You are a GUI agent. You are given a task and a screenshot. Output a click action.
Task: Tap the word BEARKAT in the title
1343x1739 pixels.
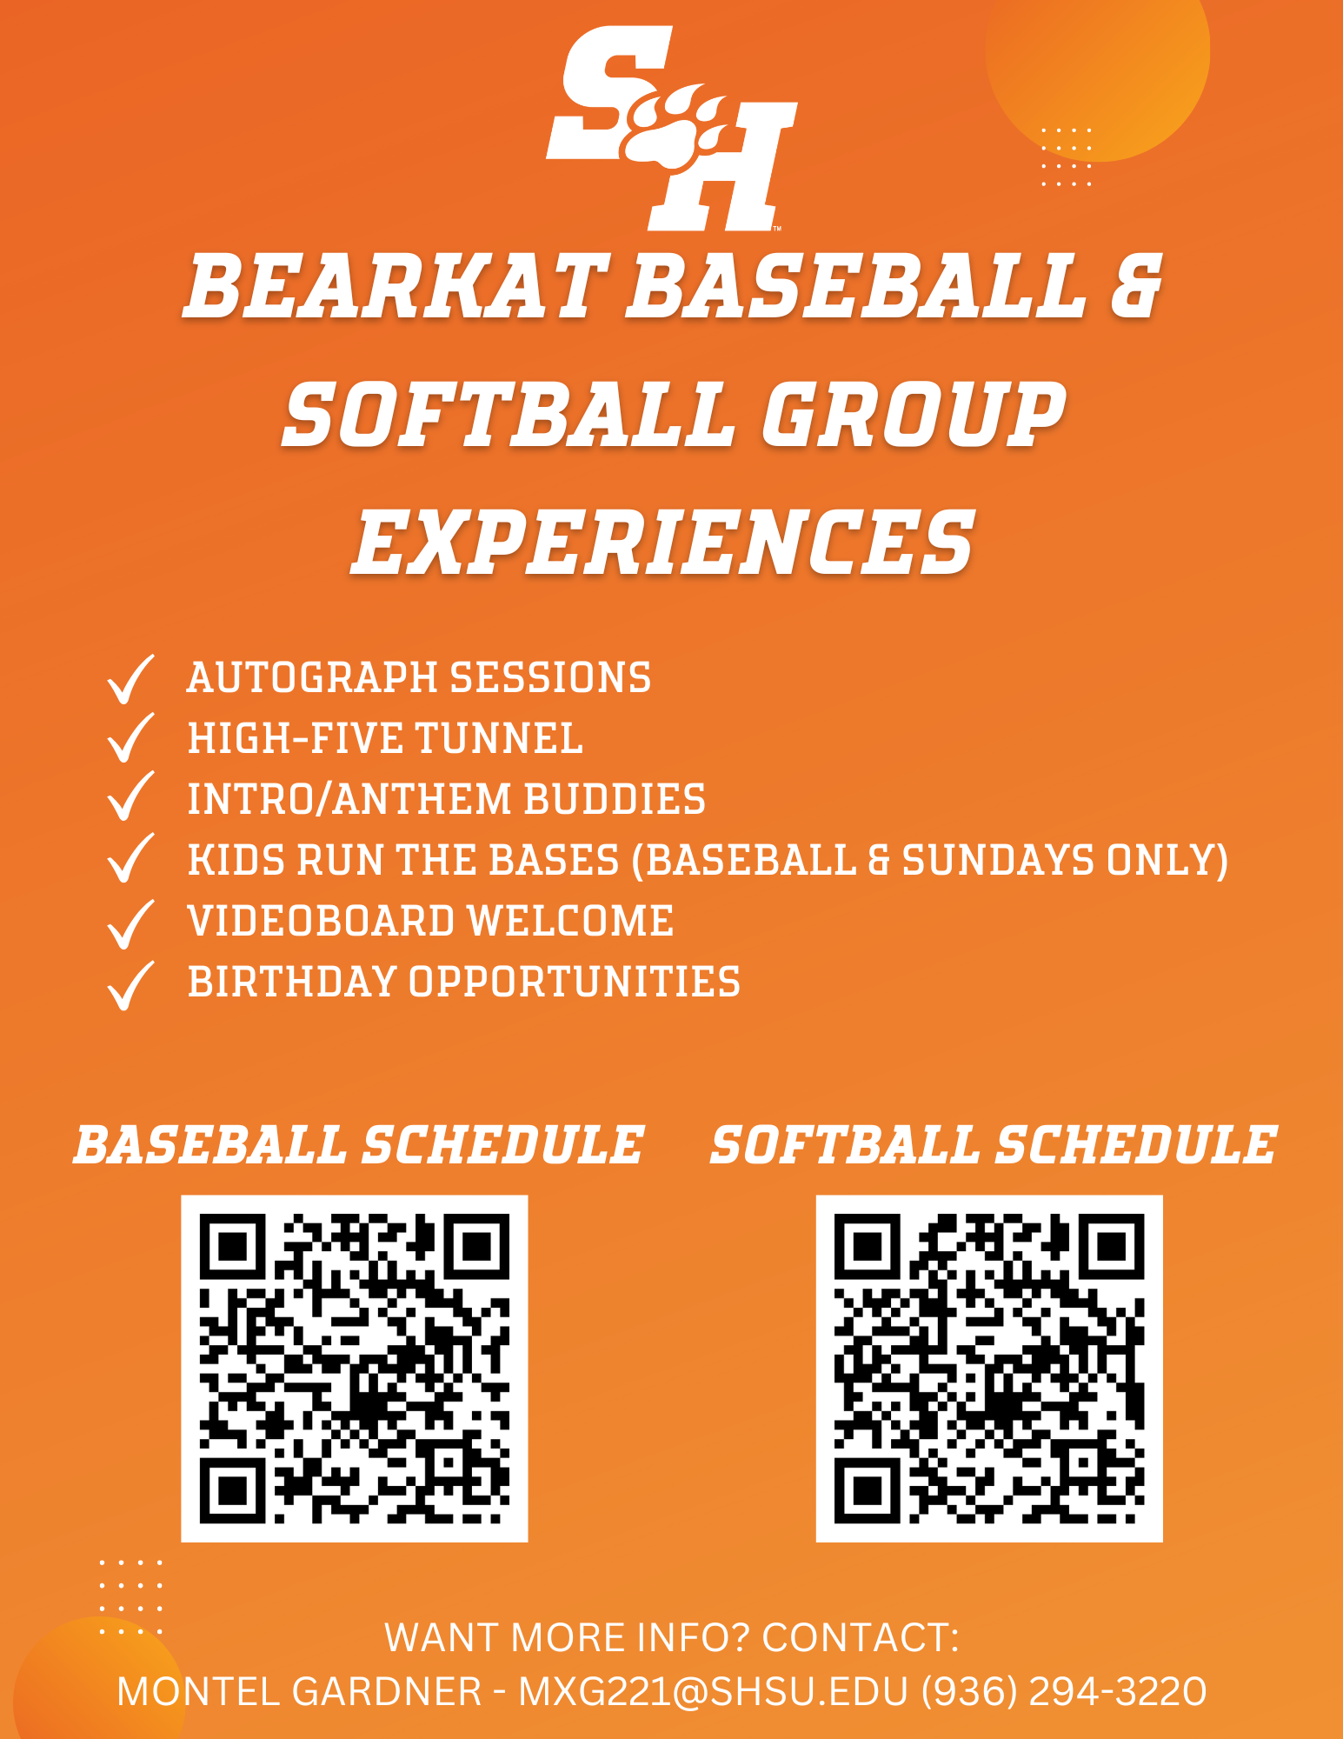point(396,286)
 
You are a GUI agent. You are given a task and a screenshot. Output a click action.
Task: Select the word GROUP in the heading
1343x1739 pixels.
point(914,415)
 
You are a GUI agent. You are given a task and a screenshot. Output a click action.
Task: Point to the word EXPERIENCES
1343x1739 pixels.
point(663,543)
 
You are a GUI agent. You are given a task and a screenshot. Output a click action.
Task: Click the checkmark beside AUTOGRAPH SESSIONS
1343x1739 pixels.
point(130,679)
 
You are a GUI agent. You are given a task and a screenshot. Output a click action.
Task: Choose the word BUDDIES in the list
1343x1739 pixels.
point(615,799)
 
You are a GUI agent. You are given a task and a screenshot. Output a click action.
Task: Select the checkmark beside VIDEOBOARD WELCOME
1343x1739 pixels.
point(130,923)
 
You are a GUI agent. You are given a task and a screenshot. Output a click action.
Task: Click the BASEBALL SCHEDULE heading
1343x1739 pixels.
point(358,1144)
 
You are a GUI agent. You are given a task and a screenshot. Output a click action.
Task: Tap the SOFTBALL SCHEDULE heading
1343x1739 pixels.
point(994,1144)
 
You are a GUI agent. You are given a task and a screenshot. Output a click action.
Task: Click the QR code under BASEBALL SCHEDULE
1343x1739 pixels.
point(355,1369)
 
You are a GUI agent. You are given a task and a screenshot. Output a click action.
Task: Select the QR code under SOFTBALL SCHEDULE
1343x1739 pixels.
point(989,1369)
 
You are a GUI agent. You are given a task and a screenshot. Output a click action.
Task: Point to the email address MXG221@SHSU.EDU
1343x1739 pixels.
point(714,1692)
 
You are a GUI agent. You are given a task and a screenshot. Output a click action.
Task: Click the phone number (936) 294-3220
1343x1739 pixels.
point(1064,1692)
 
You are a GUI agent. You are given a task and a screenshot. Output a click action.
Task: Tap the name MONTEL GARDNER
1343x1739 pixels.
point(299,1692)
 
